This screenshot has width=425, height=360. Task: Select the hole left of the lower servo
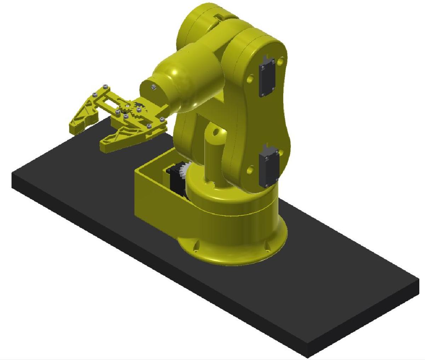pyautogui.click(x=250, y=170)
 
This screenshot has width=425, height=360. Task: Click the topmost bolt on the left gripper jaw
pyautogui.click(x=105, y=86)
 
